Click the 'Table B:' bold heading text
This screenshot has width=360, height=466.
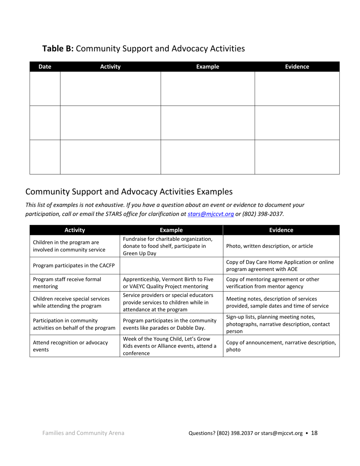point(58,48)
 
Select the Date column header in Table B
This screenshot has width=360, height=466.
point(45,67)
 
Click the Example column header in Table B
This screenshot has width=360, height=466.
point(207,67)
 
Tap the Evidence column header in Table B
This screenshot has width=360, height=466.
point(297,67)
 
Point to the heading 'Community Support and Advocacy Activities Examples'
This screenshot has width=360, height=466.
point(129,191)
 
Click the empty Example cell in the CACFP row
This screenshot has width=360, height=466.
point(171,266)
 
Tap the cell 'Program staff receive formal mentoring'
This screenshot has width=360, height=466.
point(67,283)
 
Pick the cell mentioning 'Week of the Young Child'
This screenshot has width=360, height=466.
point(169,346)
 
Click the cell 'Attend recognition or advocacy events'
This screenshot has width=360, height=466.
point(70,346)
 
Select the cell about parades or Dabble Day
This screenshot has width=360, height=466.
point(169,324)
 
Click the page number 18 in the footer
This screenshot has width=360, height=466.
point(314,433)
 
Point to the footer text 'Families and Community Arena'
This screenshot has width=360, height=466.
point(83,433)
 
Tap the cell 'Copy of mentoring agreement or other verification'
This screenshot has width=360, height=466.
point(272,283)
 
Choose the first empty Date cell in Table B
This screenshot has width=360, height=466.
point(45,89)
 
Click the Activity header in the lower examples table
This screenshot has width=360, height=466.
point(75,230)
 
